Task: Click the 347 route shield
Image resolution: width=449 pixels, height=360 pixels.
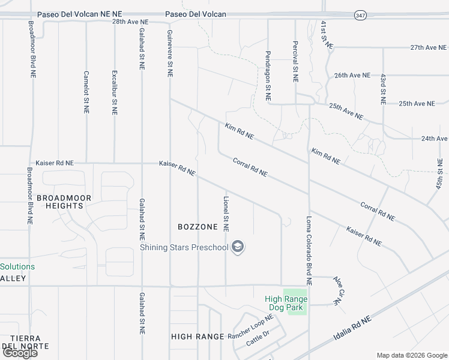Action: tap(360, 15)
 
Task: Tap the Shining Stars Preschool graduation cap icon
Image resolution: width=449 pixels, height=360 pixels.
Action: tap(238, 247)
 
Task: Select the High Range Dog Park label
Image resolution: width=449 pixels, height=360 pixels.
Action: tap(286, 304)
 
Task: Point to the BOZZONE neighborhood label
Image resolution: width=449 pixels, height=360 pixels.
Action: tap(197, 227)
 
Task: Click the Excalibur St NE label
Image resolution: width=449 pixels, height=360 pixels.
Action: tap(114, 92)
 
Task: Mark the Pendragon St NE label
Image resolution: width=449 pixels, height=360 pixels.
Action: tap(268, 74)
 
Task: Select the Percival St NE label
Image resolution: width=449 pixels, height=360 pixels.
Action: tap(295, 61)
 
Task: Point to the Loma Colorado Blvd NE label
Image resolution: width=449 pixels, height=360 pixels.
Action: tap(309, 250)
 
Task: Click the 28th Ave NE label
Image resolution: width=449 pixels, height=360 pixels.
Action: tap(130, 21)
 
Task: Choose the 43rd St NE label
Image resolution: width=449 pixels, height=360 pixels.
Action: tap(382, 88)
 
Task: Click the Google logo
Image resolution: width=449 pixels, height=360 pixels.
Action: tap(20, 353)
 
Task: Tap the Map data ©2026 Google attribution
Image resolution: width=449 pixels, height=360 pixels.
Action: tap(411, 355)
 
